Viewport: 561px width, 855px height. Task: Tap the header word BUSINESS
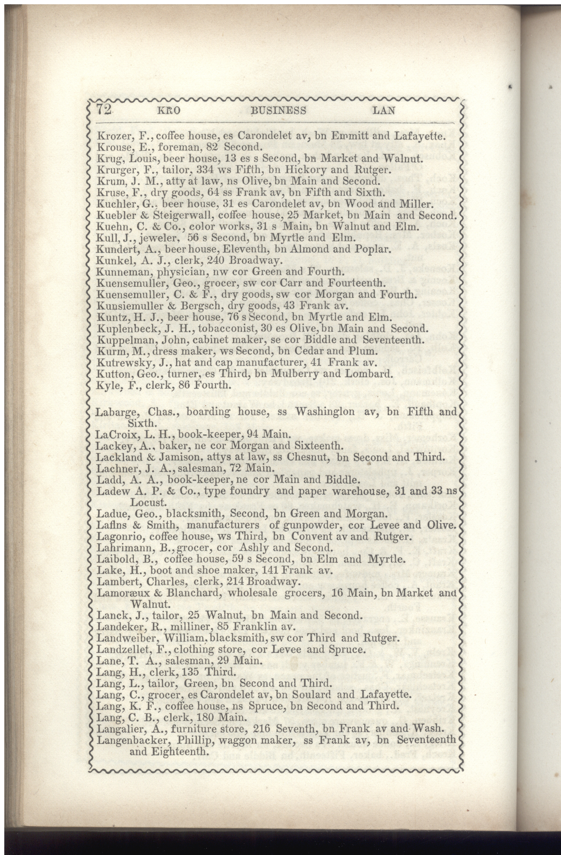tap(278, 110)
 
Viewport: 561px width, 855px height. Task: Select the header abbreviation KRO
tap(169, 110)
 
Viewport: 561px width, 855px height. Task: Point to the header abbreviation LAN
tap(384, 110)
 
